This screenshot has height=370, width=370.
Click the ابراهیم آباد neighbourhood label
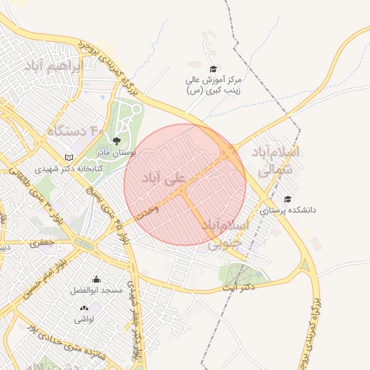(53, 66)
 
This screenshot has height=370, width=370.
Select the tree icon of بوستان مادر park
(116, 142)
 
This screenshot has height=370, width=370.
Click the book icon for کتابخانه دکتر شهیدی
(69, 157)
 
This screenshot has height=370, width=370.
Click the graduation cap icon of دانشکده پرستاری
(288, 199)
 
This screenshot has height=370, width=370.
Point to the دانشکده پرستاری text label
(288, 210)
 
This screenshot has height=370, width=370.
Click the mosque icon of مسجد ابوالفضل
(96, 279)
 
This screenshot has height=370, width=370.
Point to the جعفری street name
(42, 244)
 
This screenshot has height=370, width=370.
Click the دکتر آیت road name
(240, 288)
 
